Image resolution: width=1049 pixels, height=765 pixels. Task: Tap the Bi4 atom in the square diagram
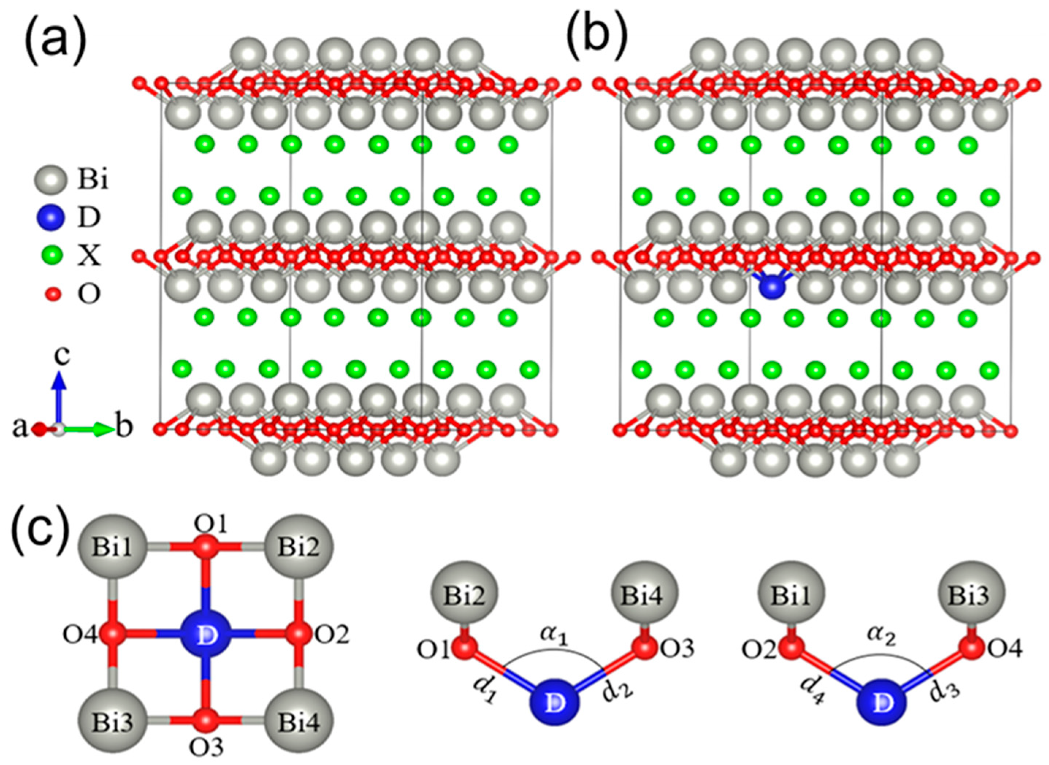coord(298,723)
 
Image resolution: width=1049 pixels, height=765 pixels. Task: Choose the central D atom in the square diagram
coord(205,636)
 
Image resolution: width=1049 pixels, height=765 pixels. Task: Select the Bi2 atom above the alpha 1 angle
coord(465,597)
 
